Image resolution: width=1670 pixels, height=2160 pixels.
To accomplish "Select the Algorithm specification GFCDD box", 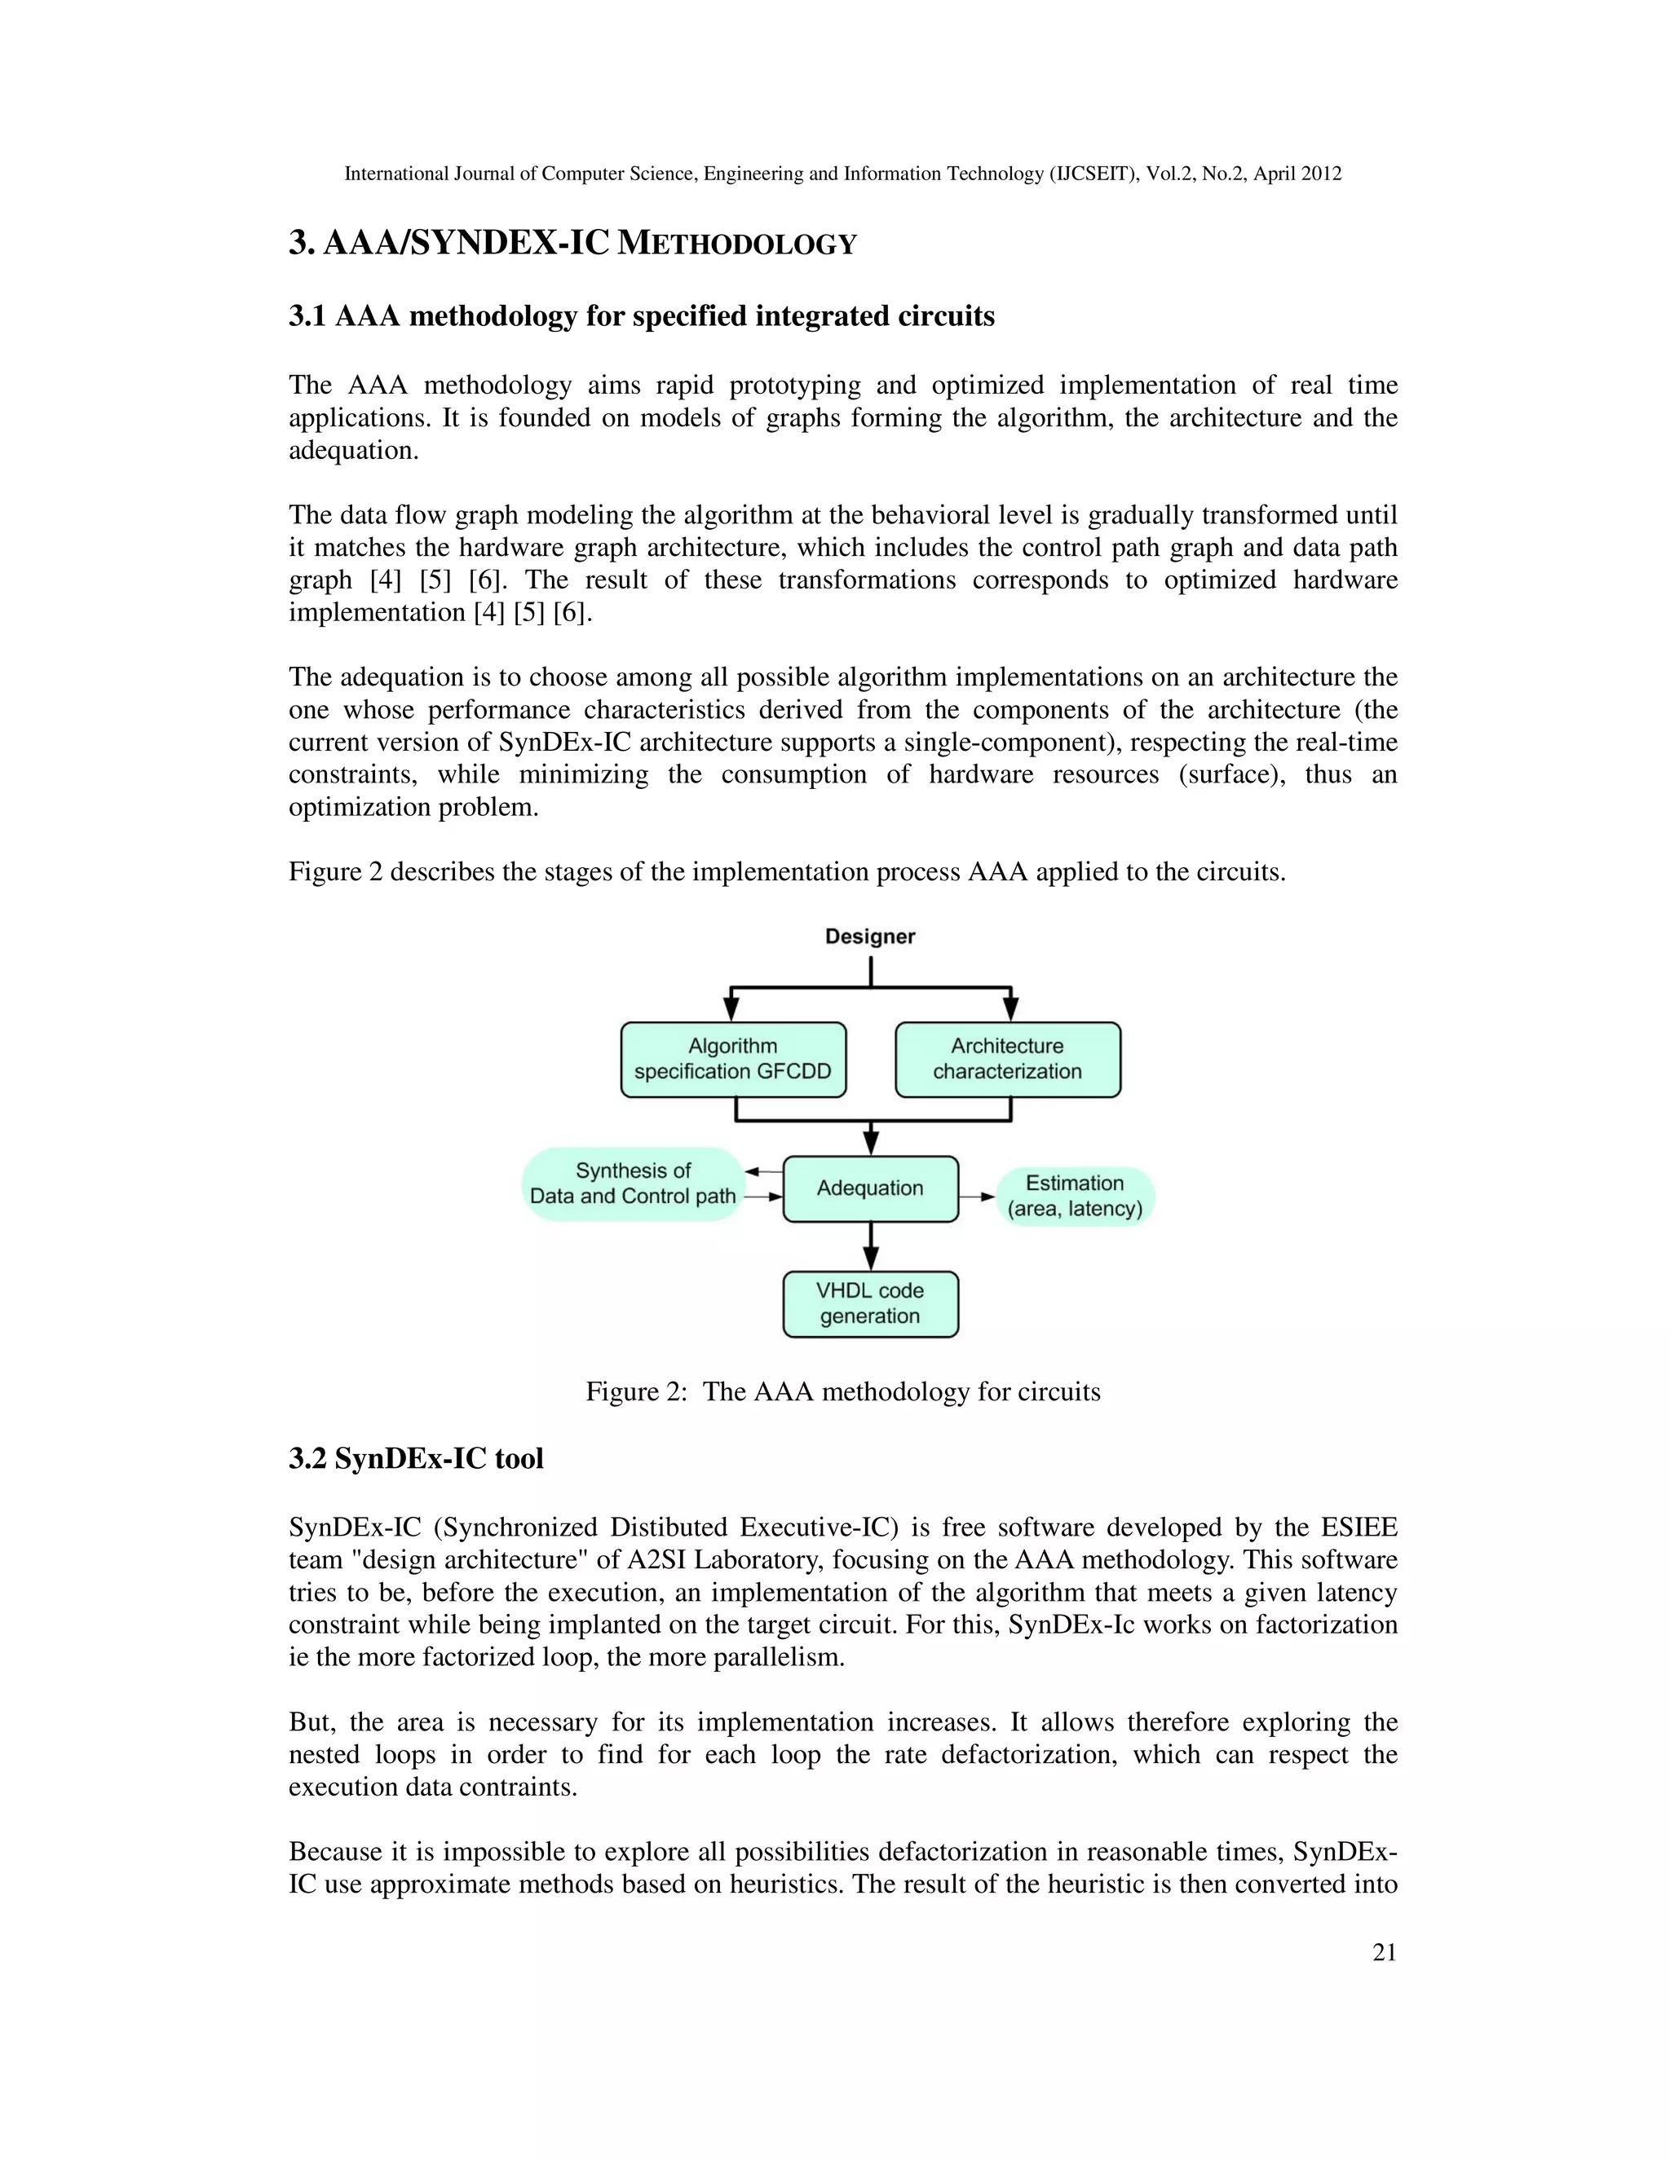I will (x=733, y=1060).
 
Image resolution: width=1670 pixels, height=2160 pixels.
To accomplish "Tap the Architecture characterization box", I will (x=1007, y=1060).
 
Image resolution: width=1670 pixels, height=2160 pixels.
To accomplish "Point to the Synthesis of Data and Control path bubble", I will (x=633, y=1184).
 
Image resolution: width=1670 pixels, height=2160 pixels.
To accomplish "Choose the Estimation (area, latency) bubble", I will (x=1075, y=1196).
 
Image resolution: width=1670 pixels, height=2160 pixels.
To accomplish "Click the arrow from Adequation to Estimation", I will (x=978, y=1197).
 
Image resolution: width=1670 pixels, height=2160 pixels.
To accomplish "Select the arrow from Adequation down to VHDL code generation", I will (x=871, y=1246).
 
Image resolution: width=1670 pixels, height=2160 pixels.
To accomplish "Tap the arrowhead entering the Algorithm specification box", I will (x=731, y=1009).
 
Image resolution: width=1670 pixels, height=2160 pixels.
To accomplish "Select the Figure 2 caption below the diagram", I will (x=843, y=1391).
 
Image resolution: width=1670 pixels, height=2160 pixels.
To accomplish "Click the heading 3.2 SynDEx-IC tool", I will (x=416, y=1459).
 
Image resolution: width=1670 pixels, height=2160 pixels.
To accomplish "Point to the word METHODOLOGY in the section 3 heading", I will (x=736, y=245).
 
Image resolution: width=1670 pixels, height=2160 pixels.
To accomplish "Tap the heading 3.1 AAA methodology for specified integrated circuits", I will (x=641, y=316).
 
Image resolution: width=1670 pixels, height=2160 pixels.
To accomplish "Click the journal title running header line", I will (x=843, y=174).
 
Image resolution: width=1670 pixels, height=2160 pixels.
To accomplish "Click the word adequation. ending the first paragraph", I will (x=353, y=451).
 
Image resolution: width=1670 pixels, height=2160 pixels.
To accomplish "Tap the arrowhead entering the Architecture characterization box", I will (x=1010, y=1009).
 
